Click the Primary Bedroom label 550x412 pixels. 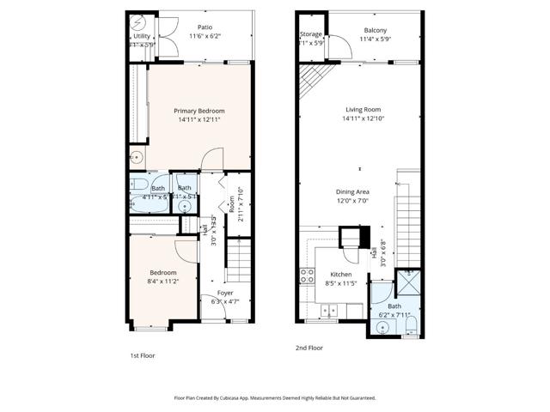pos(199,111)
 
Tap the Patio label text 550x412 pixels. pos(205,27)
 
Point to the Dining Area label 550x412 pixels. pos(352,191)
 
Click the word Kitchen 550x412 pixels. pos(341,275)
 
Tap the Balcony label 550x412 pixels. pos(376,30)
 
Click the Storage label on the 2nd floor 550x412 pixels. pos(311,34)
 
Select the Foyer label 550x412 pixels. pos(225,293)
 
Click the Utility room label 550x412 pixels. pos(141,37)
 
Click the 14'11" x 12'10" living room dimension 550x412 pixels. pos(364,118)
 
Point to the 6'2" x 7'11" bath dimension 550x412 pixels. pos(394,315)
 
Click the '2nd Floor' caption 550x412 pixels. pos(309,348)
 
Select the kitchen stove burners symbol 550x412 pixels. pos(306,276)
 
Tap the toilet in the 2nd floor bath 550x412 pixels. pos(411,324)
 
